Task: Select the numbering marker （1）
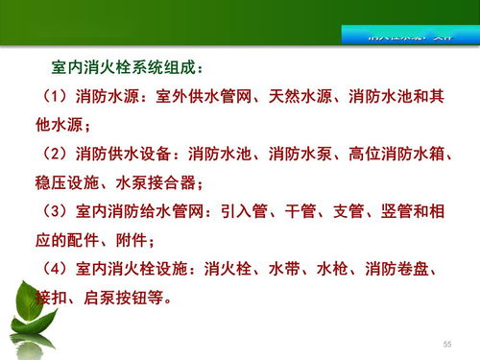point(55,99)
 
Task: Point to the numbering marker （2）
point(55,154)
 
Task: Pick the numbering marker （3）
point(55,209)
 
